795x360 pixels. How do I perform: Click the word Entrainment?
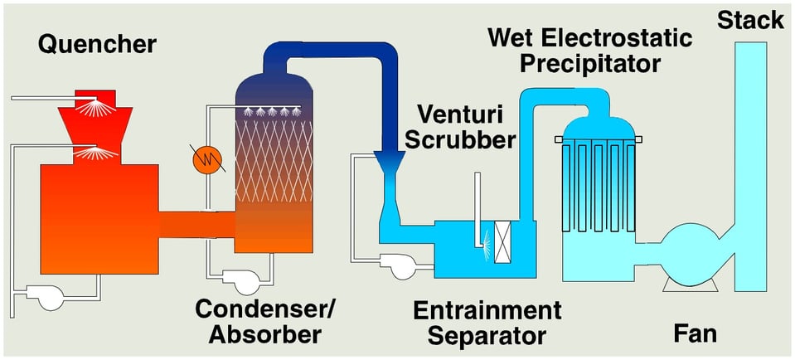point(487,311)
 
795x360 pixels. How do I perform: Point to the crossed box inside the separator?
point(502,245)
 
